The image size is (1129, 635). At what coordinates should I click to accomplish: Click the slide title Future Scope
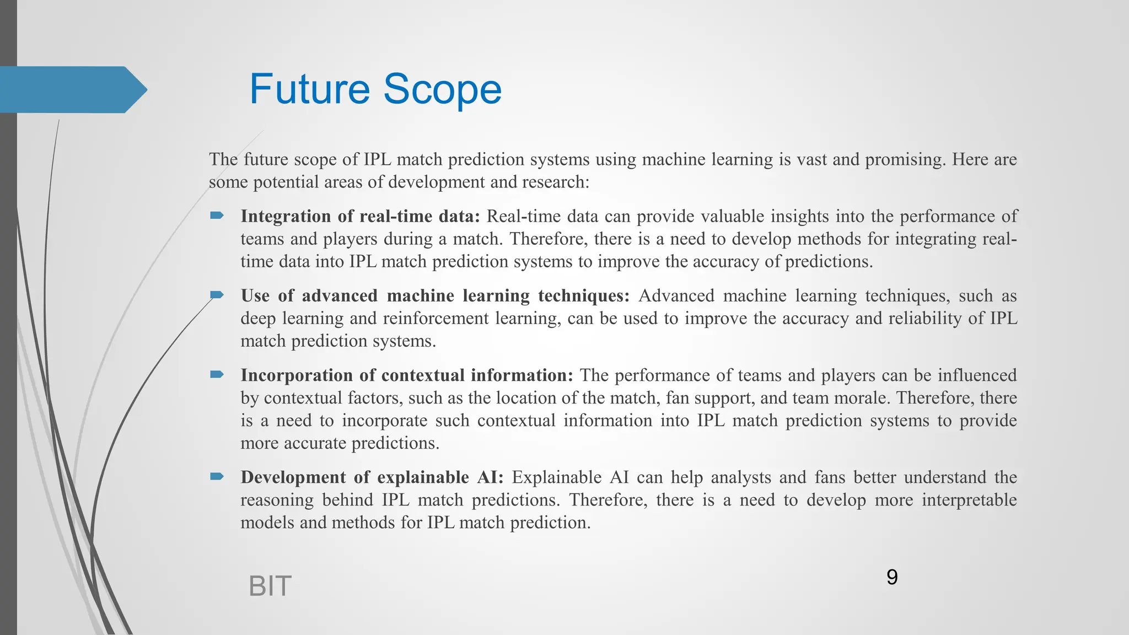click(375, 89)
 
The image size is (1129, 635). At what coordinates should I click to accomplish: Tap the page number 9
click(892, 577)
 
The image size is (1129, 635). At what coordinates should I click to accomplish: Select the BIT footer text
click(270, 586)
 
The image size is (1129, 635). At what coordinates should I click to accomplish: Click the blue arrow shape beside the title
click(72, 90)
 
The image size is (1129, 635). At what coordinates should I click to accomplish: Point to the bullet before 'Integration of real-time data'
click(217, 216)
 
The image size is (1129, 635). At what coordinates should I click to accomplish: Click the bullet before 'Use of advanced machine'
click(217, 295)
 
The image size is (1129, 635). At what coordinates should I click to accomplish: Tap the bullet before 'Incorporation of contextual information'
click(217, 375)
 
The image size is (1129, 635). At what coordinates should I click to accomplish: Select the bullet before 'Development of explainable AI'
click(217, 476)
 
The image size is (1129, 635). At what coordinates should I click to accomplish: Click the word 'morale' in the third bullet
click(864, 398)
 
